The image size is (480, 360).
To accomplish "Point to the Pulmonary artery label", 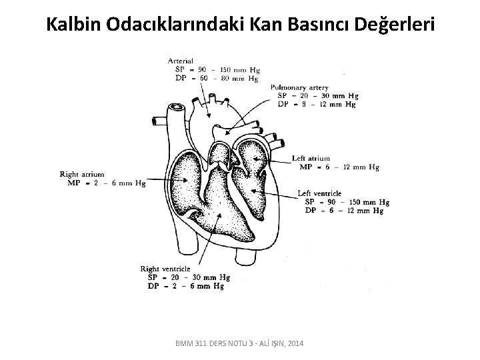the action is pos(300,87).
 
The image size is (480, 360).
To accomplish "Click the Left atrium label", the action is pos(311,159).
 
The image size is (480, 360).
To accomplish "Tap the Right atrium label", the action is pos(83,174).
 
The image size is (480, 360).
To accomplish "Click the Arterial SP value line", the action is pos(214,70).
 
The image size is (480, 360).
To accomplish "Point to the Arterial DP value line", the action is pos(214,79).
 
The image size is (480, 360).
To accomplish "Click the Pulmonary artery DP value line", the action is pos(317,104).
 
